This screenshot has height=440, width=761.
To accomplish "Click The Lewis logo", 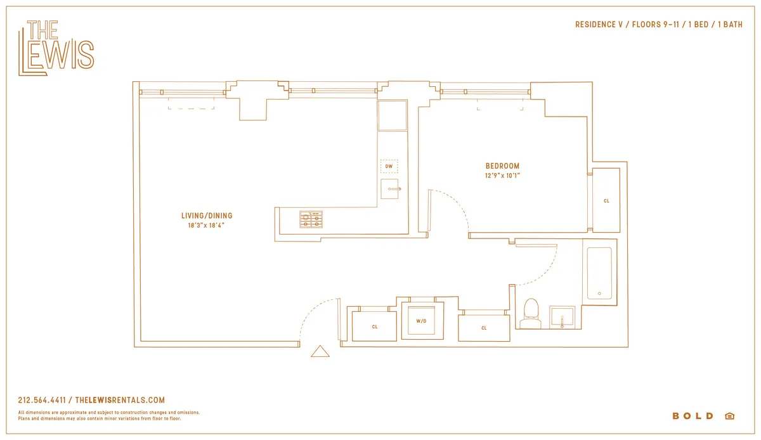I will coord(56,48).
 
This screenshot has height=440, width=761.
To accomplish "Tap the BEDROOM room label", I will coord(502,166).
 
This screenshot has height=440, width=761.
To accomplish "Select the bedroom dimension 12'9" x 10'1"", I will coord(502,176).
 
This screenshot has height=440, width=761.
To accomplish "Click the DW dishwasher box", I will coord(389,167).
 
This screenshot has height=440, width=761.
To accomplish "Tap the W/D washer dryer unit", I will coord(422,321).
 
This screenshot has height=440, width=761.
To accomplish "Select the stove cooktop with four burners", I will coord(311,219).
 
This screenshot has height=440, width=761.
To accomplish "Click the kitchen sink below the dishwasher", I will coord(391,189).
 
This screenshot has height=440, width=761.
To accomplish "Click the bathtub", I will coord(599,273).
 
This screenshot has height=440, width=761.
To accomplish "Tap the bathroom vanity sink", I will coord(562,316).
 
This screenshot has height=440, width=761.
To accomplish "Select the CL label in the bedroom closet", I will coord(606,201).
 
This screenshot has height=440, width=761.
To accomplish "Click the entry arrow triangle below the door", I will coord(320,351).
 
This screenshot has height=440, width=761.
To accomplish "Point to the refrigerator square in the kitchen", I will coord(392,115).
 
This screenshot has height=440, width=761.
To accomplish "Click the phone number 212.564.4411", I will coord(42,400).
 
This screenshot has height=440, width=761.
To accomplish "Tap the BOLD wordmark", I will coord(693,416).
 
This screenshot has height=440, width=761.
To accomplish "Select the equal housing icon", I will coord(729,416).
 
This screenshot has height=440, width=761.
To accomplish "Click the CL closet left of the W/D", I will coord(375,327).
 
